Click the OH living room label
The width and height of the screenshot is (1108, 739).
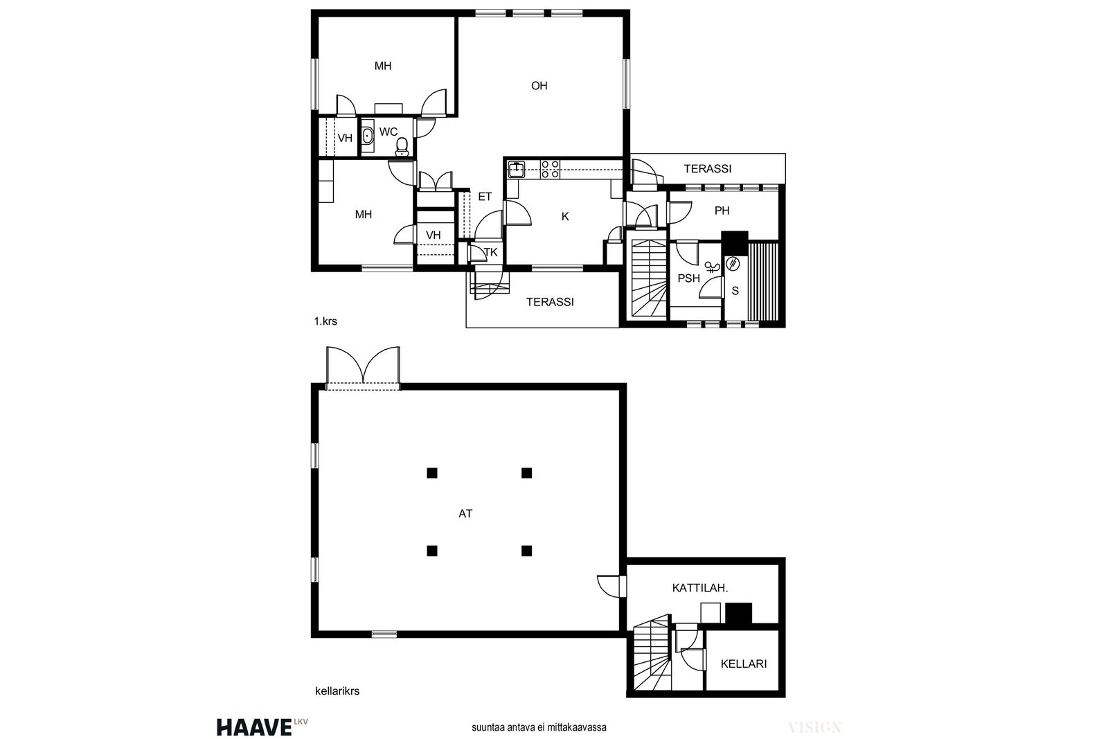point(539,86)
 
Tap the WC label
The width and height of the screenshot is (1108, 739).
point(388,132)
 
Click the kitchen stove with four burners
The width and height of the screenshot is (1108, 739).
point(550,169)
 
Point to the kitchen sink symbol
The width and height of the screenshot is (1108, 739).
point(517,169)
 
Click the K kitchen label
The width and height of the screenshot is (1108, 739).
point(565,216)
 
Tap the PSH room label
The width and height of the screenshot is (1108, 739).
point(688,278)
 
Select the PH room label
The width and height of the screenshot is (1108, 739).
point(722,211)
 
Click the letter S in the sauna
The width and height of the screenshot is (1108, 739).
point(735,291)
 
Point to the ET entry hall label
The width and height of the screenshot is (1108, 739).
point(485,197)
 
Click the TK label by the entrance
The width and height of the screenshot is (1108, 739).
point(491,252)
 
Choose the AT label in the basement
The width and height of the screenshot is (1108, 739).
point(465,513)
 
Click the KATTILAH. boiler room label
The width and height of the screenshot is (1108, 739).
point(700,588)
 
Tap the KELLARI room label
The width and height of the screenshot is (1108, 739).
point(744,664)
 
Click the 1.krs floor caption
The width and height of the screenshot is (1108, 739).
point(325,321)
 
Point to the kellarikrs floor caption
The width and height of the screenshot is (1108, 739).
point(337,691)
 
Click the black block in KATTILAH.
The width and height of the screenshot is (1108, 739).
point(738,613)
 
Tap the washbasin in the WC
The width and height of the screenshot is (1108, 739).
point(367,136)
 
